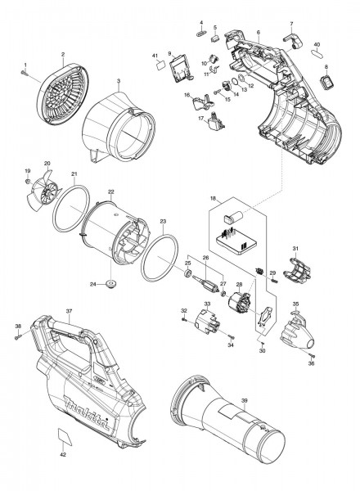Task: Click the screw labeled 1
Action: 25,73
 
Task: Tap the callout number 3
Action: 119,81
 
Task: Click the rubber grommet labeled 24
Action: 110,284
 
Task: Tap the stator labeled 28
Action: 239,303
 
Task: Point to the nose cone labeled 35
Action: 297,334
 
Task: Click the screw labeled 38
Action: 18,337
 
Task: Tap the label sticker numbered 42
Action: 65,436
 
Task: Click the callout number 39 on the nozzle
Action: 245,400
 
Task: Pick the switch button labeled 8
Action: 326,82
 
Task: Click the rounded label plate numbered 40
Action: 317,53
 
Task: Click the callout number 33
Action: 207,304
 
